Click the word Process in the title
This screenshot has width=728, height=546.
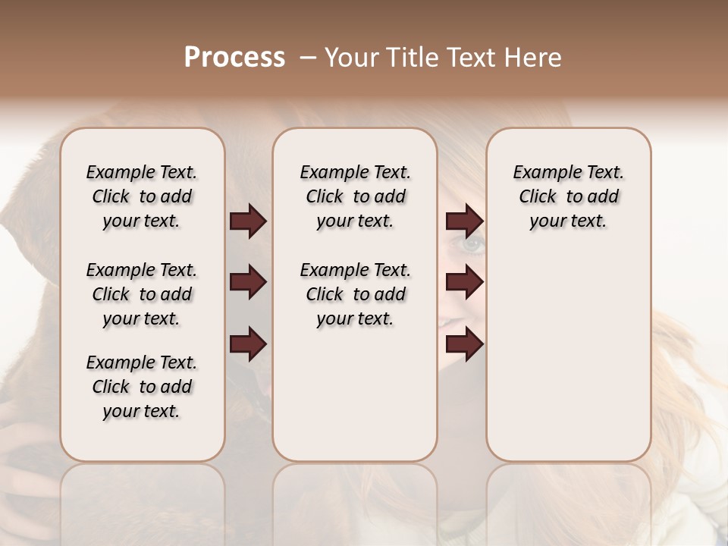(234, 58)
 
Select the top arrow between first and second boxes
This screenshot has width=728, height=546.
(248, 221)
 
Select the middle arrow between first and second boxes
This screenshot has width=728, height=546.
(248, 283)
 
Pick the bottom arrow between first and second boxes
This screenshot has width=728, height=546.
(248, 344)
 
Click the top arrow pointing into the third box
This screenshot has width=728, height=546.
(464, 221)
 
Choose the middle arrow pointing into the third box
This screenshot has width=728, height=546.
(464, 283)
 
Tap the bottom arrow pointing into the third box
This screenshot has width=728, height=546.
(464, 344)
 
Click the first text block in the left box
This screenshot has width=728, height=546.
(142, 196)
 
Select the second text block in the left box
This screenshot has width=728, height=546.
(142, 294)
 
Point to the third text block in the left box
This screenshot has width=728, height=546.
(142, 387)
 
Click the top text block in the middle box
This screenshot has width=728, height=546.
(356, 196)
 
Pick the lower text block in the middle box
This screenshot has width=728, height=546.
(356, 294)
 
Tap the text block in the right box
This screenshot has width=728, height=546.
(569, 196)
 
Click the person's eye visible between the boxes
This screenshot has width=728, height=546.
(471, 244)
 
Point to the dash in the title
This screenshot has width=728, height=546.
(308, 58)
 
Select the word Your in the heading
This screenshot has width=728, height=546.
(352, 58)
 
